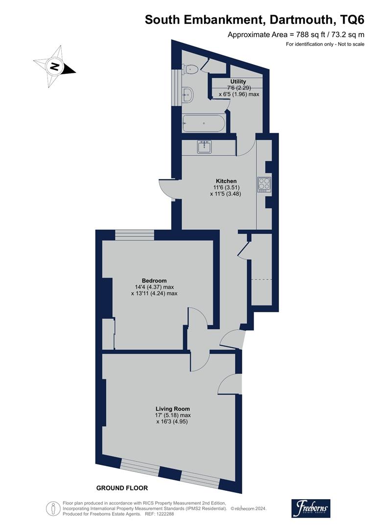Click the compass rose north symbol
(x=54, y=66)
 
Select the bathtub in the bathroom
(x=203, y=124)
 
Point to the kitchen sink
(x=205, y=147)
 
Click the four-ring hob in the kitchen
(x=264, y=184)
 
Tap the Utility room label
(x=238, y=82)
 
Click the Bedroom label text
(x=154, y=281)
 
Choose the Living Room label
(x=172, y=409)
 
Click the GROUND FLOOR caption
(x=122, y=488)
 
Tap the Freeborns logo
(x=311, y=508)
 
